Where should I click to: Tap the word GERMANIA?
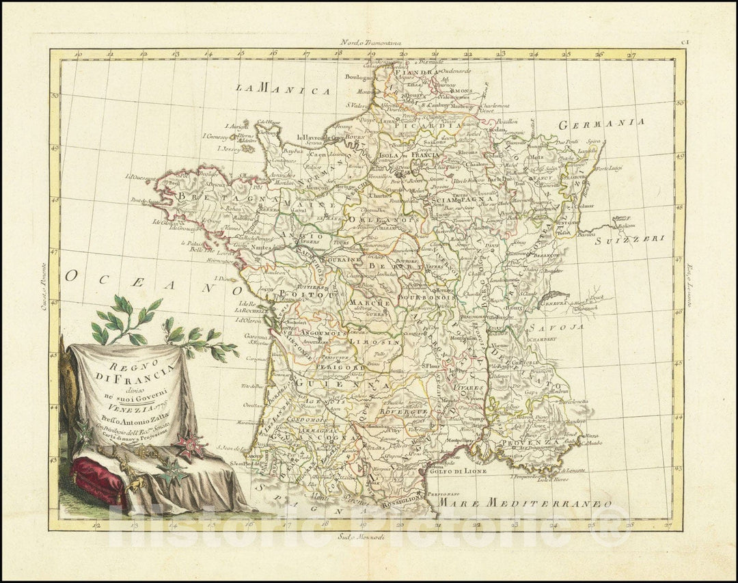pos(601,124)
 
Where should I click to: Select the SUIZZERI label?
pos(629,240)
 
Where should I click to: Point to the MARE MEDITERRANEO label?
pos(524,504)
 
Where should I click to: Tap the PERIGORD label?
pos(338,368)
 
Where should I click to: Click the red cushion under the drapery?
pos(99,478)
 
